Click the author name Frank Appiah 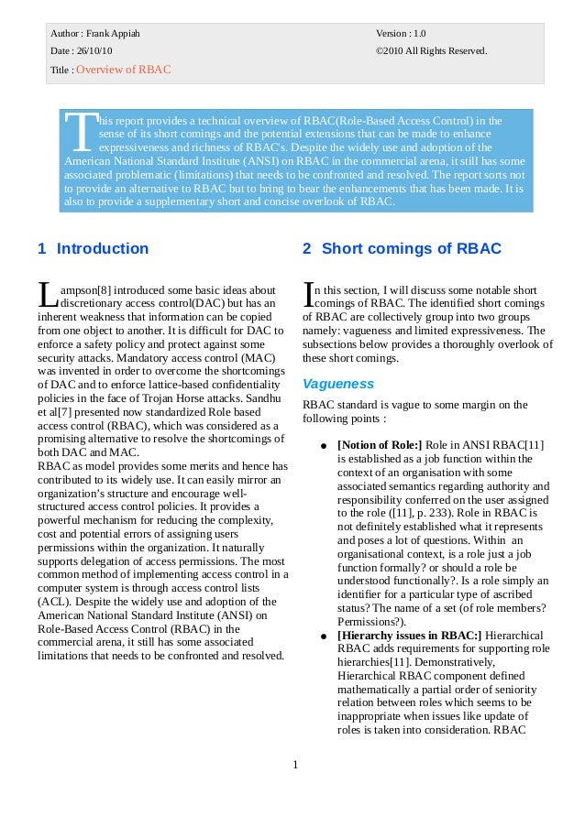[113, 34]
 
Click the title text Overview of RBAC [123, 70]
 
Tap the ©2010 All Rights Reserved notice [431, 50]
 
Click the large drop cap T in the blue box [83, 134]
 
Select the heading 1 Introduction [93, 248]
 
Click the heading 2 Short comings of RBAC [402, 248]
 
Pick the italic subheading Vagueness [338, 384]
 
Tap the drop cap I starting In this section [308, 294]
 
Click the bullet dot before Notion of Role [324, 446]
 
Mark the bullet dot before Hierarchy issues [324, 637]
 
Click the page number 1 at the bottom [295, 765]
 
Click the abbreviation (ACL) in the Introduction [55, 602]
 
